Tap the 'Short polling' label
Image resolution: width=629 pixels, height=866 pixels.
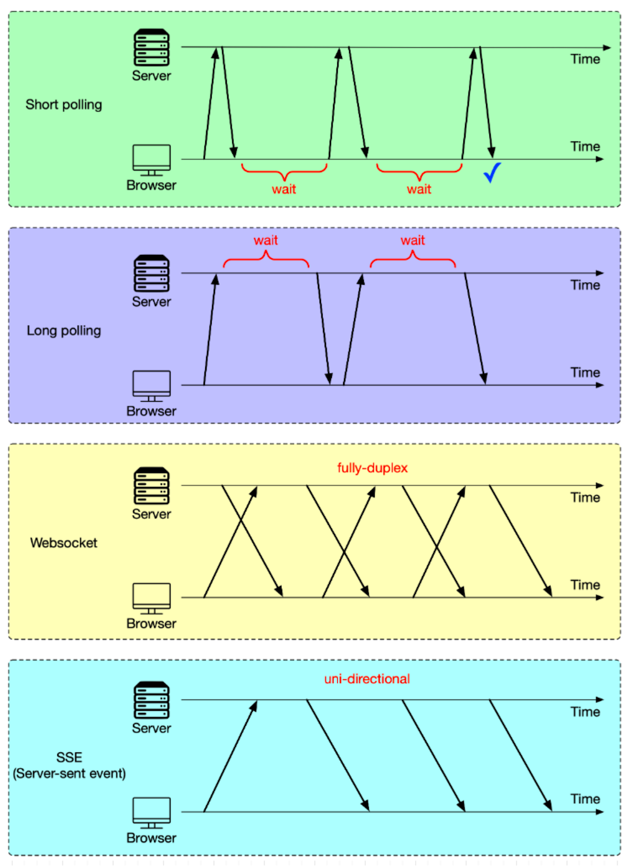pos(63,104)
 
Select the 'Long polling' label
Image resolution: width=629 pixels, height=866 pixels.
pos(63,330)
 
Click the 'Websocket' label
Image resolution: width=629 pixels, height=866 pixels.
pos(63,543)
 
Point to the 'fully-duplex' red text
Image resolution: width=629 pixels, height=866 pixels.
pos(372,468)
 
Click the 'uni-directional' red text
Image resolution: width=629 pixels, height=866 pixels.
pos(366,679)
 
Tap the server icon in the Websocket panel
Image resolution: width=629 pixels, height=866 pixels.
pos(152,486)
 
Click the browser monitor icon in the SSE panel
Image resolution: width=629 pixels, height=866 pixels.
pos(152,812)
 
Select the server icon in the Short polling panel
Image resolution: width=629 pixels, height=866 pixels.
pos(152,47)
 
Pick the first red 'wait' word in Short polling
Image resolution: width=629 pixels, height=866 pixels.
pos(284,189)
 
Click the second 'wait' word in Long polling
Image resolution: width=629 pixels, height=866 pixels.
pos(412,240)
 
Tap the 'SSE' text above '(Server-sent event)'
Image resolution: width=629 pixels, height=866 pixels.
pos(69,757)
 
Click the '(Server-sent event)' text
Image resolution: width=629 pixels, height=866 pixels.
pos(69,773)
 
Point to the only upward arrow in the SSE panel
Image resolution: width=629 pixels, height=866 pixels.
pos(230,756)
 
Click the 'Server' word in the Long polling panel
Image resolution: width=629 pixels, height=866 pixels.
pos(151,301)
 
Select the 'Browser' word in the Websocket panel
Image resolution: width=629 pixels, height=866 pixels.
pos(151,624)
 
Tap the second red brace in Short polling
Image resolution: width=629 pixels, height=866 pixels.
pos(419,171)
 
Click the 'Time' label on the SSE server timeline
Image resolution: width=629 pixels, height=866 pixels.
pos(585,712)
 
